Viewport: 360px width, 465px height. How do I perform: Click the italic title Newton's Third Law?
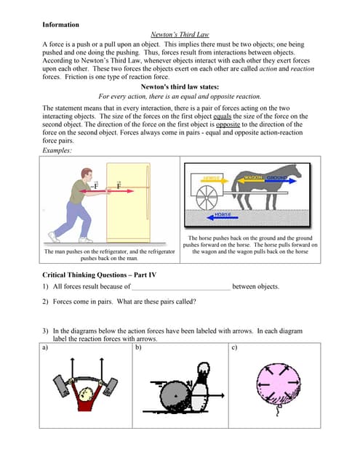180,34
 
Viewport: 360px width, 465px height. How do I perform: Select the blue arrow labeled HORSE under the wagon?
221,216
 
